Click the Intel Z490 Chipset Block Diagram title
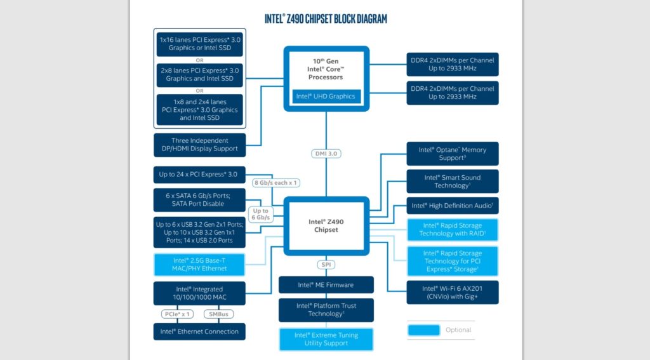click(x=326, y=18)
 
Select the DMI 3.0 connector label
click(x=326, y=154)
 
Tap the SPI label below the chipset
click(x=326, y=265)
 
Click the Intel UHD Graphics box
click(x=326, y=97)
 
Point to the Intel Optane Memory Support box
click(x=452, y=154)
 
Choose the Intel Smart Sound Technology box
click(x=452, y=181)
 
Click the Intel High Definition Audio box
click(x=452, y=206)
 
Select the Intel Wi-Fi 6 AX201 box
click(x=452, y=293)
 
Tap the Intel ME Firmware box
click(x=326, y=285)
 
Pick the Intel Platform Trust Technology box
click(x=326, y=310)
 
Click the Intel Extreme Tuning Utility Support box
click(x=326, y=339)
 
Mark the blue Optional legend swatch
click(x=423, y=330)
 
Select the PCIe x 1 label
click(x=177, y=314)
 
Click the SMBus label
click(x=218, y=314)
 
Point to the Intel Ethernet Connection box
click(x=199, y=332)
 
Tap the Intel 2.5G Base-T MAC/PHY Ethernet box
click(x=199, y=265)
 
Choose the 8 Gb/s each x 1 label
click(x=275, y=182)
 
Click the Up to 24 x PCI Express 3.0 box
click(x=199, y=175)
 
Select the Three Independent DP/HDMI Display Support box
click(x=199, y=145)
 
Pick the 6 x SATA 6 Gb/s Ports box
click(x=199, y=200)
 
